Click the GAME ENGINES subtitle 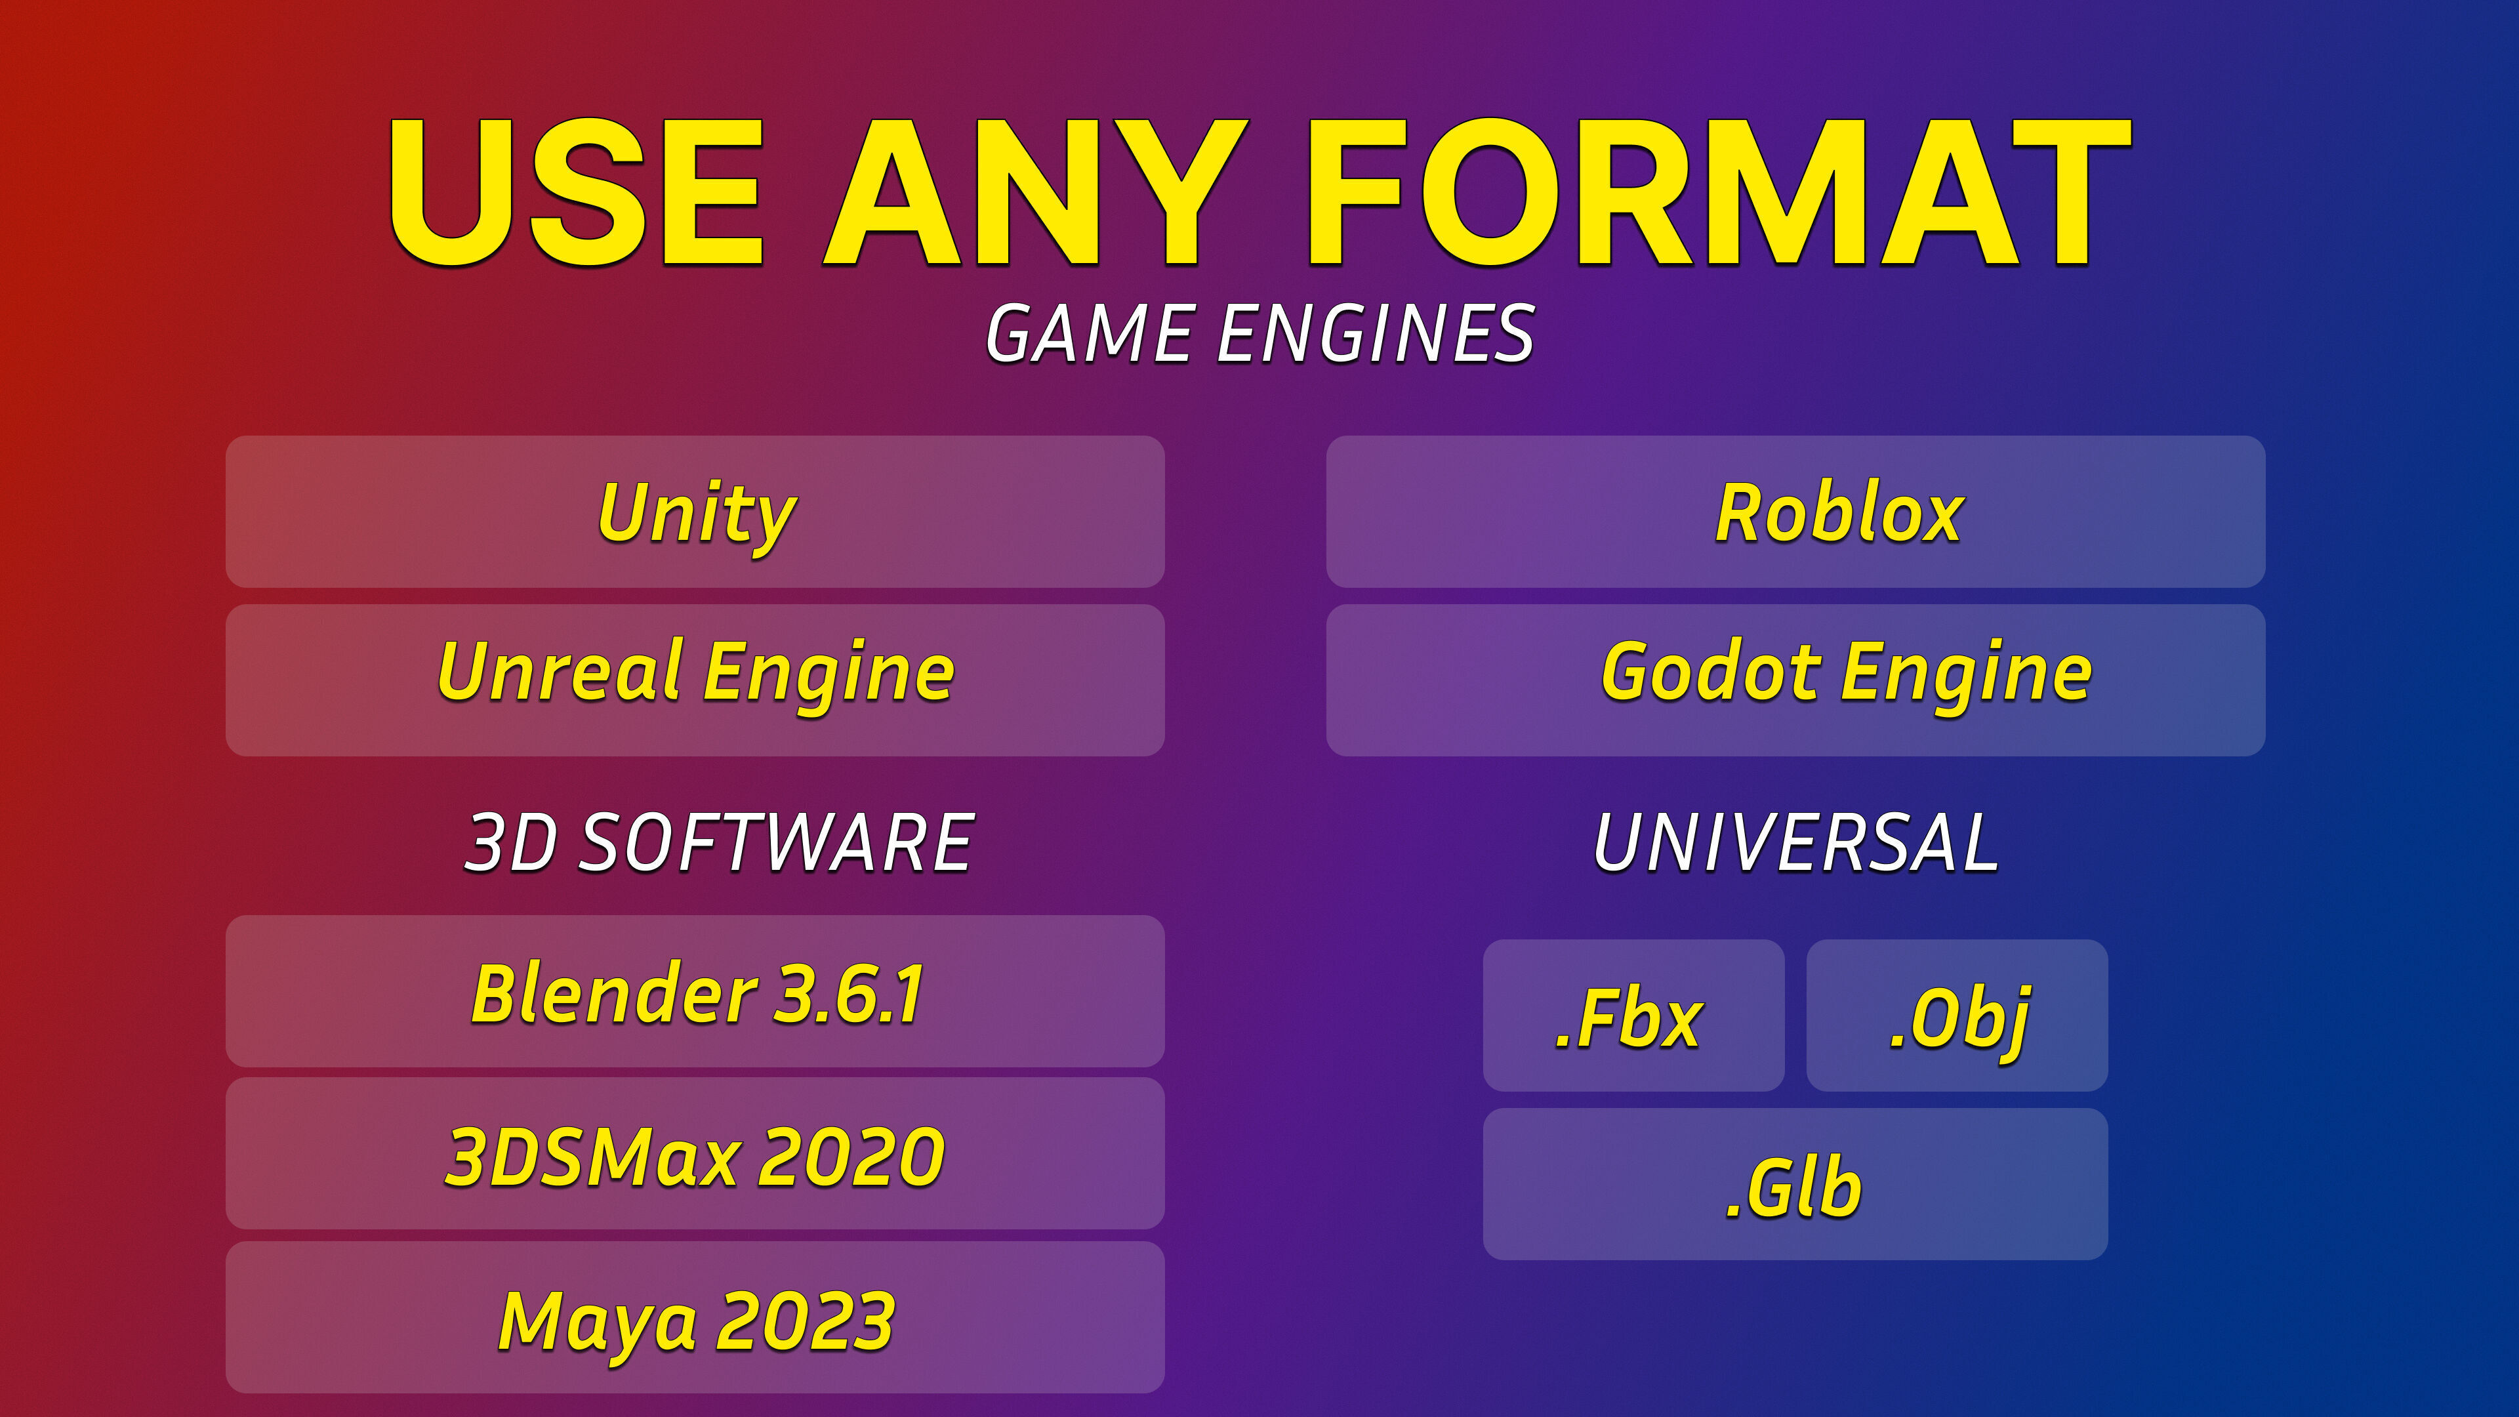tap(1259, 333)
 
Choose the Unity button tap(695, 512)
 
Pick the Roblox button tap(1795, 512)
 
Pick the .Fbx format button tap(1633, 1015)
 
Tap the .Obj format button tap(1957, 1015)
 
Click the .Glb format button tap(1795, 1184)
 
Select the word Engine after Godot tap(1967, 675)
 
